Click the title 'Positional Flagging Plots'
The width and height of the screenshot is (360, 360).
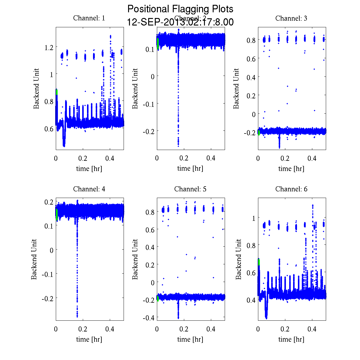pyautogui.click(x=180, y=9)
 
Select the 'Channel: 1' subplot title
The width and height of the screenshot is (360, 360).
pyautogui.click(x=89, y=18)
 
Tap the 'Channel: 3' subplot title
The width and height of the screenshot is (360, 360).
pyautogui.click(x=291, y=18)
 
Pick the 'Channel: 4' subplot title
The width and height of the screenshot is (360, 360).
pyautogui.click(x=89, y=189)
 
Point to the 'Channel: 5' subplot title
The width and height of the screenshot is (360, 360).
pyautogui.click(x=190, y=189)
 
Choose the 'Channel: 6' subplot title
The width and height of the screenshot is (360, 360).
pyautogui.click(x=291, y=189)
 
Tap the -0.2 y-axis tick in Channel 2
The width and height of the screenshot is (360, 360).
pyautogui.click(x=148, y=131)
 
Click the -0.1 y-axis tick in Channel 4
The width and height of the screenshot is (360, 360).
pyautogui.click(x=47, y=274)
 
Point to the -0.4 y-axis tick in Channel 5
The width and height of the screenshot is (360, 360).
pyautogui.click(x=148, y=317)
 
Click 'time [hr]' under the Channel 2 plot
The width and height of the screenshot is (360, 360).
pyautogui.click(x=190, y=168)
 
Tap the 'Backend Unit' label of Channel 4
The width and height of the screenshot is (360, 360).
pyautogui.click(x=34, y=259)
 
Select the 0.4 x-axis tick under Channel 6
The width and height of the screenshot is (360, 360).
pyautogui.click(x=312, y=329)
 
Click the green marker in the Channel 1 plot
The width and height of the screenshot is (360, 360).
pyautogui.click(x=56, y=92)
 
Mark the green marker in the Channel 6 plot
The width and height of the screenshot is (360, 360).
pyautogui.click(x=259, y=262)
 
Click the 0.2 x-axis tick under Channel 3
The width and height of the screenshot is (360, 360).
pyautogui.click(x=285, y=158)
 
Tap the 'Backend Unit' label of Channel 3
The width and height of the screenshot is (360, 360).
pyautogui.click(x=236, y=88)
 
